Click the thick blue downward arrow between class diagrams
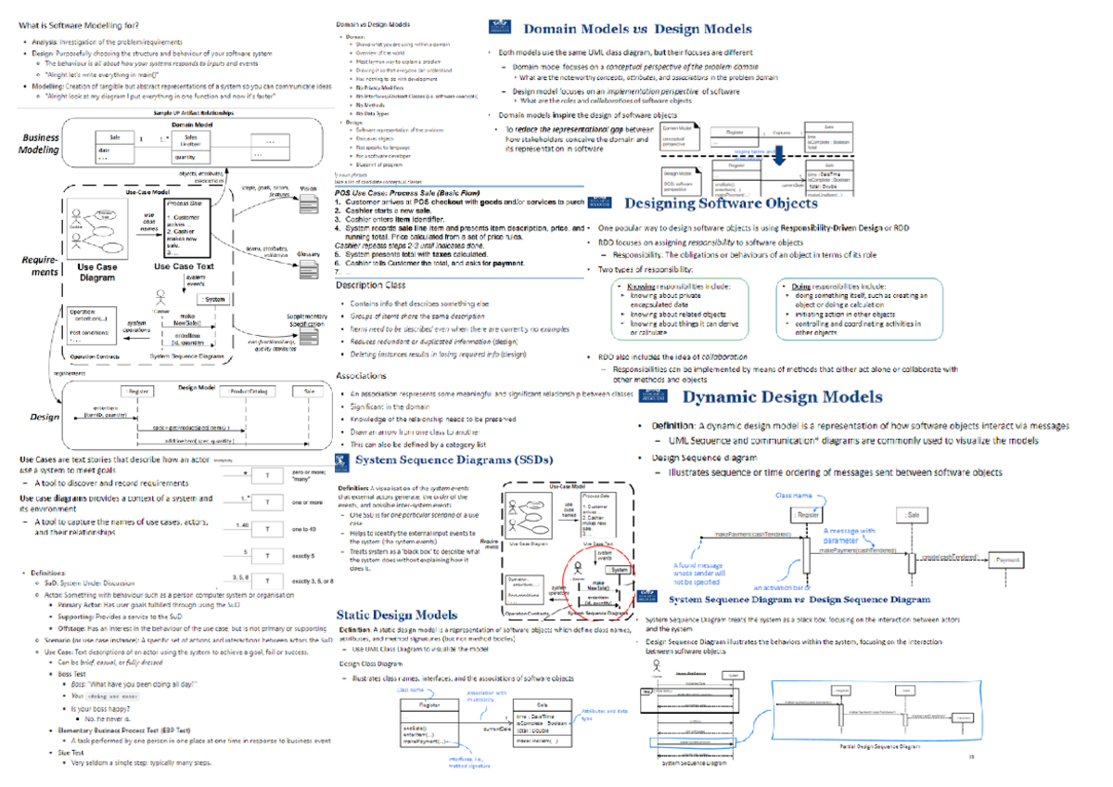pos(779,157)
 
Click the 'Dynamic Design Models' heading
pos(782,397)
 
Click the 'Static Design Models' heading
pos(396,614)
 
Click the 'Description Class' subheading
pos(370,286)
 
